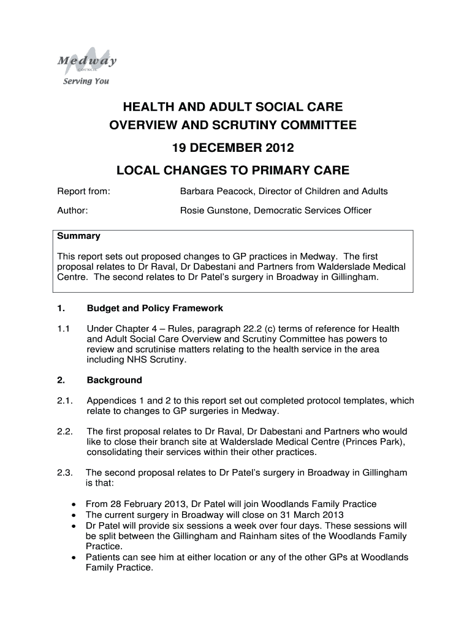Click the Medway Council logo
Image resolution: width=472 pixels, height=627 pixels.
[x=87, y=61]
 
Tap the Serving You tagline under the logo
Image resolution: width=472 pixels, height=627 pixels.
[x=86, y=81]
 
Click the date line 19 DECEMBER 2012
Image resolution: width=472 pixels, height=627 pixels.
[x=232, y=148]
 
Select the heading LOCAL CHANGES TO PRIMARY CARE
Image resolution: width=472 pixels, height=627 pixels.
[x=232, y=170]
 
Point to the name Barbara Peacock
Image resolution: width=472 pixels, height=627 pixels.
[x=210, y=192]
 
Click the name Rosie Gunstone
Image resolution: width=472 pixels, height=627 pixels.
[x=208, y=211]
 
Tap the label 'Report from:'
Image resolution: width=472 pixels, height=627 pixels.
[x=83, y=192]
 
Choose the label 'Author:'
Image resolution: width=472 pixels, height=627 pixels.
[x=72, y=211]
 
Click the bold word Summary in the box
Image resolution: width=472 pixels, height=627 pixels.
[x=78, y=236]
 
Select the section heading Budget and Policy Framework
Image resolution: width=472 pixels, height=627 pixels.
[x=155, y=308]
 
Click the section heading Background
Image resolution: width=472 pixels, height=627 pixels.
[x=114, y=380]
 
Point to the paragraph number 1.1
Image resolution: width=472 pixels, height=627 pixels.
[x=64, y=328]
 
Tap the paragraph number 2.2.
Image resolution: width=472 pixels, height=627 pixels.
[x=65, y=431]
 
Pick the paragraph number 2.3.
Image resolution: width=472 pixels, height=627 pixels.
[x=65, y=473]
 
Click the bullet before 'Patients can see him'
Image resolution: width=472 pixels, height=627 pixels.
[x=74, y=558]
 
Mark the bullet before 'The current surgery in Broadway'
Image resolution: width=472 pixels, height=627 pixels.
[x=74, y=515]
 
